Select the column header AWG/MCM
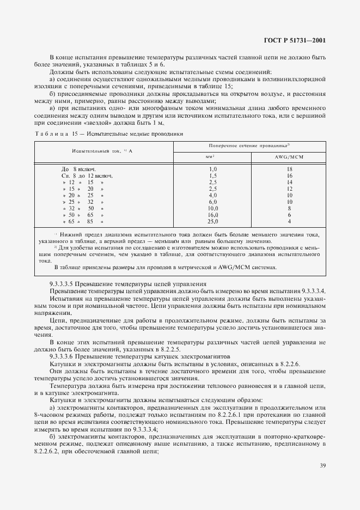(x=289, y=157)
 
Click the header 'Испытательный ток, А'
(x=102, y=150)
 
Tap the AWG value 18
(x=289, y=169)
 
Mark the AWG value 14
(x=289, y=183)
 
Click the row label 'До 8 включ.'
(x=77, y=169)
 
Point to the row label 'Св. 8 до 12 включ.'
(x=87, y=176)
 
